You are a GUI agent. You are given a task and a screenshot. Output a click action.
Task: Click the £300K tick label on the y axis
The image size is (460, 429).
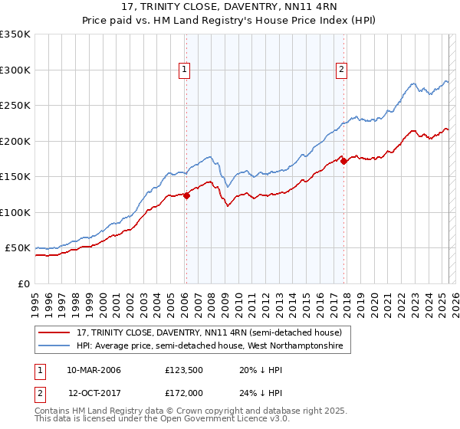point(15,70)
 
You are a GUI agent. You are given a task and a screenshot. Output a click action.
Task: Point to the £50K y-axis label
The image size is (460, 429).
point(18,248)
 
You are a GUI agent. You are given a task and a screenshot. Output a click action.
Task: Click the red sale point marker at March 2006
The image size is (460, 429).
point(186,195)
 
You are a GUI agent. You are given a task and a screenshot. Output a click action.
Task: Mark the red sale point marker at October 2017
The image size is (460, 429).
point(343,161)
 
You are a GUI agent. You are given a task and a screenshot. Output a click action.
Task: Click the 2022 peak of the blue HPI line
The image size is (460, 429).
point(412,84)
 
